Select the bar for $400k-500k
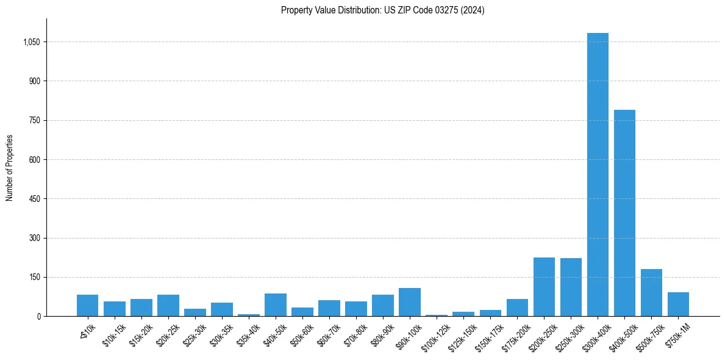pyautogui.click(x=624, y=213)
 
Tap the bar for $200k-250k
pyautogui.click(x=544, y=287)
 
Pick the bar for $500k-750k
pyautogui.click(x=651, y=293)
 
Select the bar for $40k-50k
pyautogui.click(x=275, y=305)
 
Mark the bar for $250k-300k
pyautogui.click(x=571, y=287)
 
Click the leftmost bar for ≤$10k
pyautogui.click(x=87, y=306)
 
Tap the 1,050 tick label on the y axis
pyautogui.click(x=31, y=42)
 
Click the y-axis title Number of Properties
pyautogui.click(x=10, y=168)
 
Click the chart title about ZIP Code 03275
pyautogui.click(x=382, y=10)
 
